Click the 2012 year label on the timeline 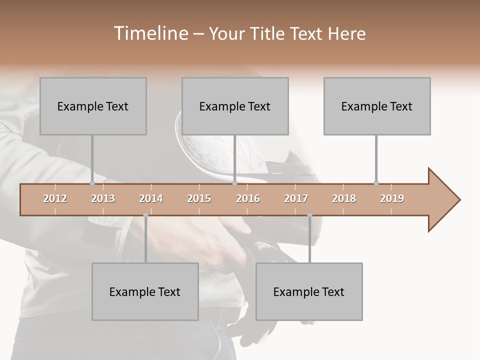click(x=55, y=198)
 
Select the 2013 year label click(x=103, y=198)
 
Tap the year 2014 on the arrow click(x=151, y=198)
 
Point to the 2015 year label click(x=199, y=198)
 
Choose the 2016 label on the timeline click(x=248, y=198)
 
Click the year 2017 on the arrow click(x=296, y=198)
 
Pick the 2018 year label click(x=344, y=198)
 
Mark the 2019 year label click(x=392, y=198)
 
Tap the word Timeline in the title click(x=150, y=33)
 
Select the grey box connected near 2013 click(x=93, y=106)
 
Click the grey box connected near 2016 click(x=235, y=106)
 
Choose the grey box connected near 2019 click(x=377, y=106)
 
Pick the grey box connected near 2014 click(x=145, y=291)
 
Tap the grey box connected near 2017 click(x=309, y=291)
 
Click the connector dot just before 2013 click(x=92, y=183)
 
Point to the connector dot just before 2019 click(x=376, y=183)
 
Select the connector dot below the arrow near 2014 click(x=145, y=215)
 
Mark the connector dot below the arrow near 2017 click(x=309, y=215)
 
